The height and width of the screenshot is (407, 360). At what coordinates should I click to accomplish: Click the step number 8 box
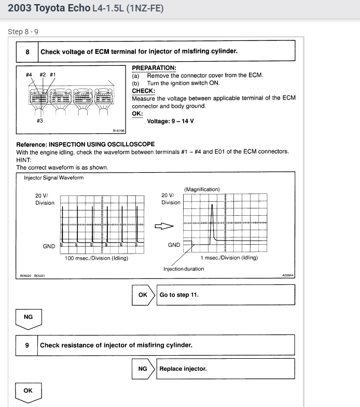click(x=27, y=51)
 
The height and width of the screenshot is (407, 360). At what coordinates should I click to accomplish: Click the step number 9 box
click(x=27, y=345)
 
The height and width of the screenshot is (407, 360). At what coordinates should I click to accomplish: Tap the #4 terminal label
click(x=29, y=75)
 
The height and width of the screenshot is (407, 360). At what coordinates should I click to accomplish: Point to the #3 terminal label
click(x=40, y=121)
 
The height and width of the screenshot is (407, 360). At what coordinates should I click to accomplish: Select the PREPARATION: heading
click(x=154, y=68)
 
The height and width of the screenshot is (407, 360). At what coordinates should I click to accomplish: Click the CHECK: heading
click(x=143, y=91)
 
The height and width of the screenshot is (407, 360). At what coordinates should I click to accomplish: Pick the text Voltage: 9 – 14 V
click(x=170, y=121)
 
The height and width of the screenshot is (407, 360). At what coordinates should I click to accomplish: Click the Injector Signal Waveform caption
click(x=53, y=178)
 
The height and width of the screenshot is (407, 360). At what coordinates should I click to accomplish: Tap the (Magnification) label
click(x=202, y=189)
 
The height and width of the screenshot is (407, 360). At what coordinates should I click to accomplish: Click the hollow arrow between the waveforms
click(x=163, y=226)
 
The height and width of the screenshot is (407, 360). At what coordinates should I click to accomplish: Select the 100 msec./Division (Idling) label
click(x=96, y=258)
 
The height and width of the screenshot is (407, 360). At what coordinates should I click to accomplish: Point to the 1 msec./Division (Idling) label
click(x=229, y=258)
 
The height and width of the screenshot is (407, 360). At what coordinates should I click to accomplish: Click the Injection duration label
click(x=184, y=269)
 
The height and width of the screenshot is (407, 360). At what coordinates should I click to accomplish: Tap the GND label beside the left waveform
click(x=49, y=246)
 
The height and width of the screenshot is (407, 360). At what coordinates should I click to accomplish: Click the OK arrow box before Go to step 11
click(x=143, y=294)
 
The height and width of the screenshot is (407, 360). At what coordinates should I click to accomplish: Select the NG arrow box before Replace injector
click(x=143, y=369)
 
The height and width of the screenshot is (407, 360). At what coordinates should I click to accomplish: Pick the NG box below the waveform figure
click(x=28, y=317)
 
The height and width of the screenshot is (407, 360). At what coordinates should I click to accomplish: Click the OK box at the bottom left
click(x=28, y=391)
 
